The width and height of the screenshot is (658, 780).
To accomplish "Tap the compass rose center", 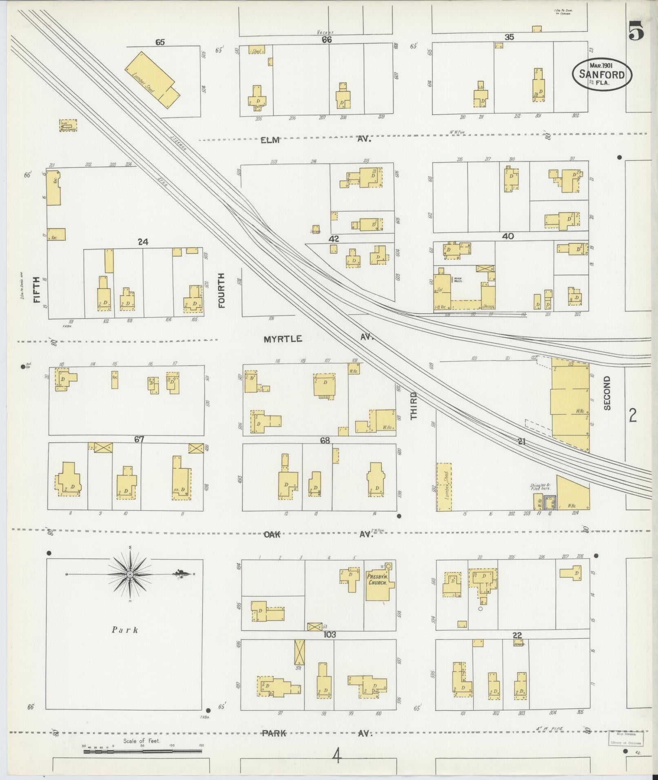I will (130, 575).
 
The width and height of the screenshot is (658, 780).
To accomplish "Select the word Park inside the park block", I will (125, 630).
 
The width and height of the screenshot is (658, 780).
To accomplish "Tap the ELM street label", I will (270, 140).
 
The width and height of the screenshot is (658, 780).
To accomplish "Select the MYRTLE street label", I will (283, 339).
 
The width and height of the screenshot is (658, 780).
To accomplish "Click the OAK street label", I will (272, 535).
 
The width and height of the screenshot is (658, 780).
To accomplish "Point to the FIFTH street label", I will (38, 289).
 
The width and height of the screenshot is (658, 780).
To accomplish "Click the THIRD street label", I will (414, 406).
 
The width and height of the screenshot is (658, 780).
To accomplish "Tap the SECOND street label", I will (607, 393).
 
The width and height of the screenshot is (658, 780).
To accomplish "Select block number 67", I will (140, 440).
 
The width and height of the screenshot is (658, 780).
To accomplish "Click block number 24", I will (142, 242).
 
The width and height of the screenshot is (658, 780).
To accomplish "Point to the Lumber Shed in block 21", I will (444, 487).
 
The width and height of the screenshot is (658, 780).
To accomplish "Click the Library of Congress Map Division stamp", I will (626, 738).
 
